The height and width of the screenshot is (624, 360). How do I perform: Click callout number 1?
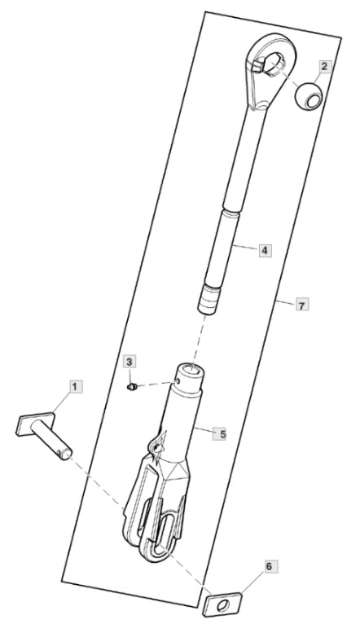pyautogui.click(x=76, y=386)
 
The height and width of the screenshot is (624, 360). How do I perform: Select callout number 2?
pyautogui.click(x=325, y=67)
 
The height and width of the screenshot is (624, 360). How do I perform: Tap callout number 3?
pyautogui.click(x=130, y=362)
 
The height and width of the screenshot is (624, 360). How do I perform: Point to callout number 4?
pyautogui.click(x=265, y=251)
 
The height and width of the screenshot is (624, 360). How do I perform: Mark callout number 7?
pyautogui.click(x=302, y=305)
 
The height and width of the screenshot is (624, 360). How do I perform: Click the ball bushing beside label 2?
pyautogui.click(x=309, y=96)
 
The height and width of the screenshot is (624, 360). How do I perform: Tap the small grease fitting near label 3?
pyautogui.click(x=132, y=386)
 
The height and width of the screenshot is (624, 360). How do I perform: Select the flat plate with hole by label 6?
pyautogui.click(x=223, y=605)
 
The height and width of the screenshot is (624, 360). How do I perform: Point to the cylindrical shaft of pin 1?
pyautogui.click(x=51, y=439)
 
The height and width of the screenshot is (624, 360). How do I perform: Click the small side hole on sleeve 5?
pyautogui.click(x=178, y=381)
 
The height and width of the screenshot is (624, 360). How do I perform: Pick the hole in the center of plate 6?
pyautogui.click(x=224, y=606)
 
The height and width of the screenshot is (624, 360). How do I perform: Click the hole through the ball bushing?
pyautogui.click(x=313, y=100)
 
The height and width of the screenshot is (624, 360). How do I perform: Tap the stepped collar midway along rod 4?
pyautogui.click(x=231, y=210)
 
